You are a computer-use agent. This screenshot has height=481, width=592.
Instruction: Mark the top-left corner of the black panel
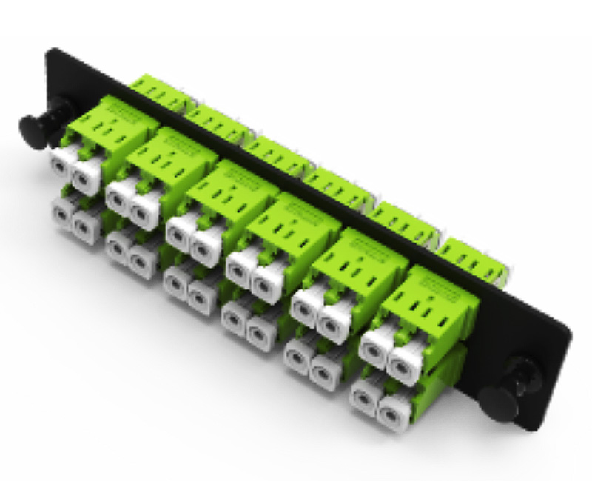[50, 51]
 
